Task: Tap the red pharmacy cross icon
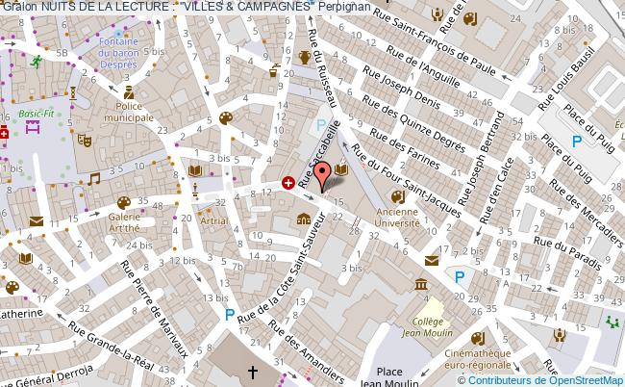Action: [x=287, y=181]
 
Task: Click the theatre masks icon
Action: [x=84, y=140]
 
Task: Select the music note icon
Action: [x=93, y=178]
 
